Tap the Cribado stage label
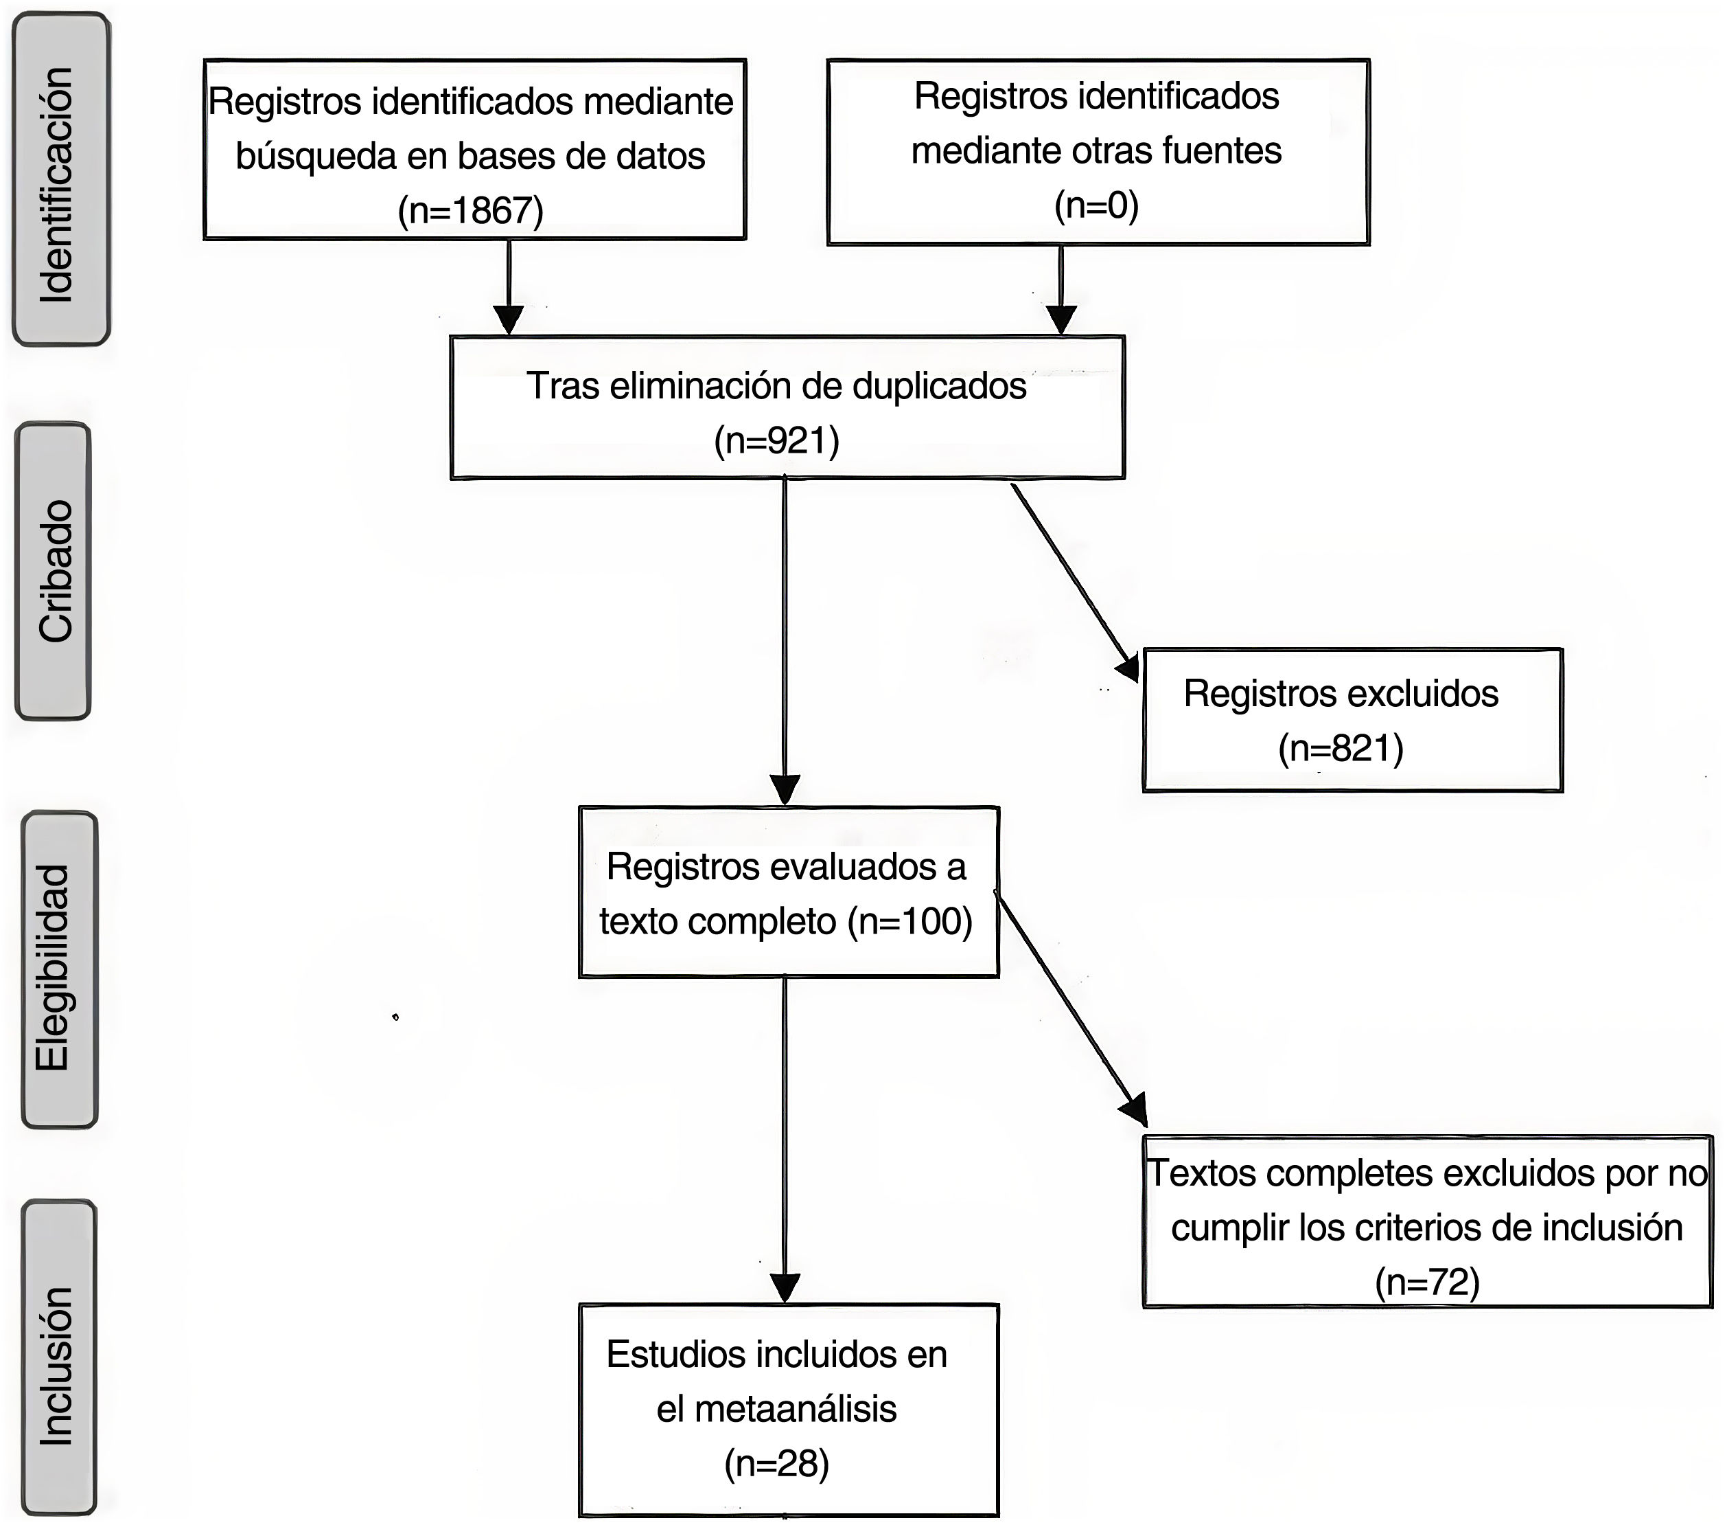tap(55, 572)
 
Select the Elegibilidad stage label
tap(55, 969)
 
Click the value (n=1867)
tap(471, 210)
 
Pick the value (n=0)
tap(1097, 205)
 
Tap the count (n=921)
tap(776, 440)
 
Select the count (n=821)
tap(1341, 748)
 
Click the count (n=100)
tap(911, 920)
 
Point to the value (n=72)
tap(1427, 1283)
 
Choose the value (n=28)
tap(776, 1463)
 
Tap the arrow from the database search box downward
tap(509, 287)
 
